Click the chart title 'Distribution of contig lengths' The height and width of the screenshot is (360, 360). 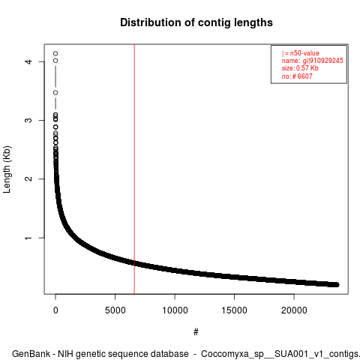click(196, 22)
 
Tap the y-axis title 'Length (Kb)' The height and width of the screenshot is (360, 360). click(7, 169)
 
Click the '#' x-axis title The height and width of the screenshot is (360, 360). click(196, 331)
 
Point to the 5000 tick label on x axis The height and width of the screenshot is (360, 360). click(115, 310)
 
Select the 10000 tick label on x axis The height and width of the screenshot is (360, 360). click(175, 310)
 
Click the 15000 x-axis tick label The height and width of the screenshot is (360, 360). click(234, 310)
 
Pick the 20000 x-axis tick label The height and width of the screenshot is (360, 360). click(294, 310)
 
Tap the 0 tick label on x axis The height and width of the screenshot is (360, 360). click(55, 310)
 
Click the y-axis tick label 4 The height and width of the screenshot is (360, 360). click(28, 61)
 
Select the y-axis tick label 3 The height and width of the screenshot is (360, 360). click(28, 120)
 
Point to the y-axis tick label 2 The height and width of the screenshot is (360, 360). click(28, 178)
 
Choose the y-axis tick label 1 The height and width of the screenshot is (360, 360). click(28, 238)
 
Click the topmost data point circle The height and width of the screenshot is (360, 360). click(55, 53)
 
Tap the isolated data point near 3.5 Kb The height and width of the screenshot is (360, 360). click(55, 92)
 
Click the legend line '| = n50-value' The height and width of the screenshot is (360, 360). click(300, 53)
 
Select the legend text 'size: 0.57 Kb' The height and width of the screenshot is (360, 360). click(300, 68)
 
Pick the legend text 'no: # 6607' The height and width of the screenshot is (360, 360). click(297, 76)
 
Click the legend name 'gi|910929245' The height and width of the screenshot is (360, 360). click(322, 61)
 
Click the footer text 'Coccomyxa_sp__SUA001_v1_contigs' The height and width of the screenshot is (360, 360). click(280, 354)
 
